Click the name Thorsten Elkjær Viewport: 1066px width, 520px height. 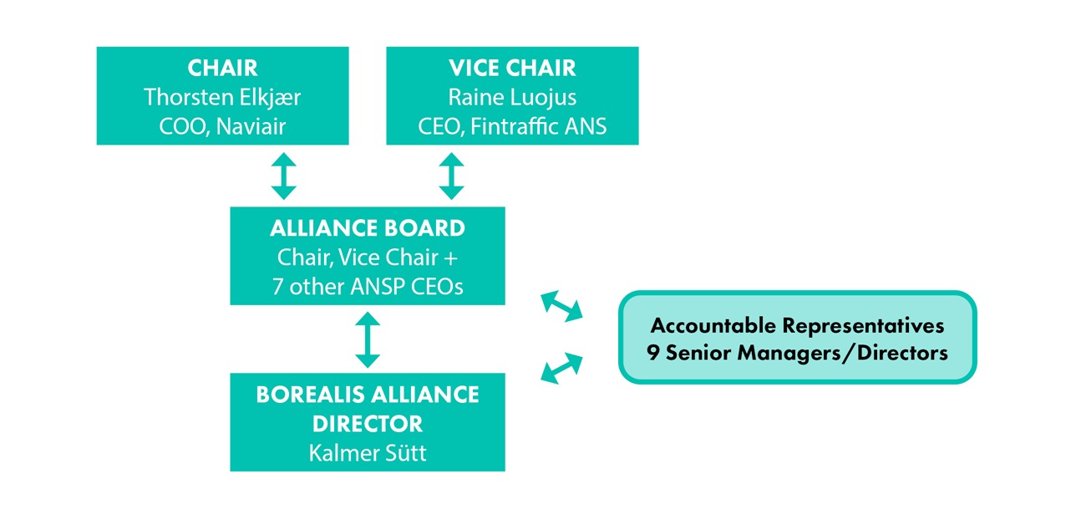222,97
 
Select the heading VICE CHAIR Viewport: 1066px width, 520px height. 512,68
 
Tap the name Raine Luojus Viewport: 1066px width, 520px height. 512,97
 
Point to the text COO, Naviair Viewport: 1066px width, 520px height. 222,126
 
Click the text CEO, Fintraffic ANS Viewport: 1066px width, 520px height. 512,126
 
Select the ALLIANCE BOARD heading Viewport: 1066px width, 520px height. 368,227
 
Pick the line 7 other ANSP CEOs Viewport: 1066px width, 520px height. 368,286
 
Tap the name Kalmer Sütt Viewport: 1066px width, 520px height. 368,453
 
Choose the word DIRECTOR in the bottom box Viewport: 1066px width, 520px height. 368,423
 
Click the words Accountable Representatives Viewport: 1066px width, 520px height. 797,324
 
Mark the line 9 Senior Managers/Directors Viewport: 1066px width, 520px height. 797,353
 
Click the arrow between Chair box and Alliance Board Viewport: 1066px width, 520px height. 284,176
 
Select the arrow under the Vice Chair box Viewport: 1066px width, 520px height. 451,176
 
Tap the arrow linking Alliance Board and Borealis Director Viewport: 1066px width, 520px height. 368,339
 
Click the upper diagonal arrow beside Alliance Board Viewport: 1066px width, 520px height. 561,305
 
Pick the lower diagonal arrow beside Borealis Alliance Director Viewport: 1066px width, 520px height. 561,368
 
